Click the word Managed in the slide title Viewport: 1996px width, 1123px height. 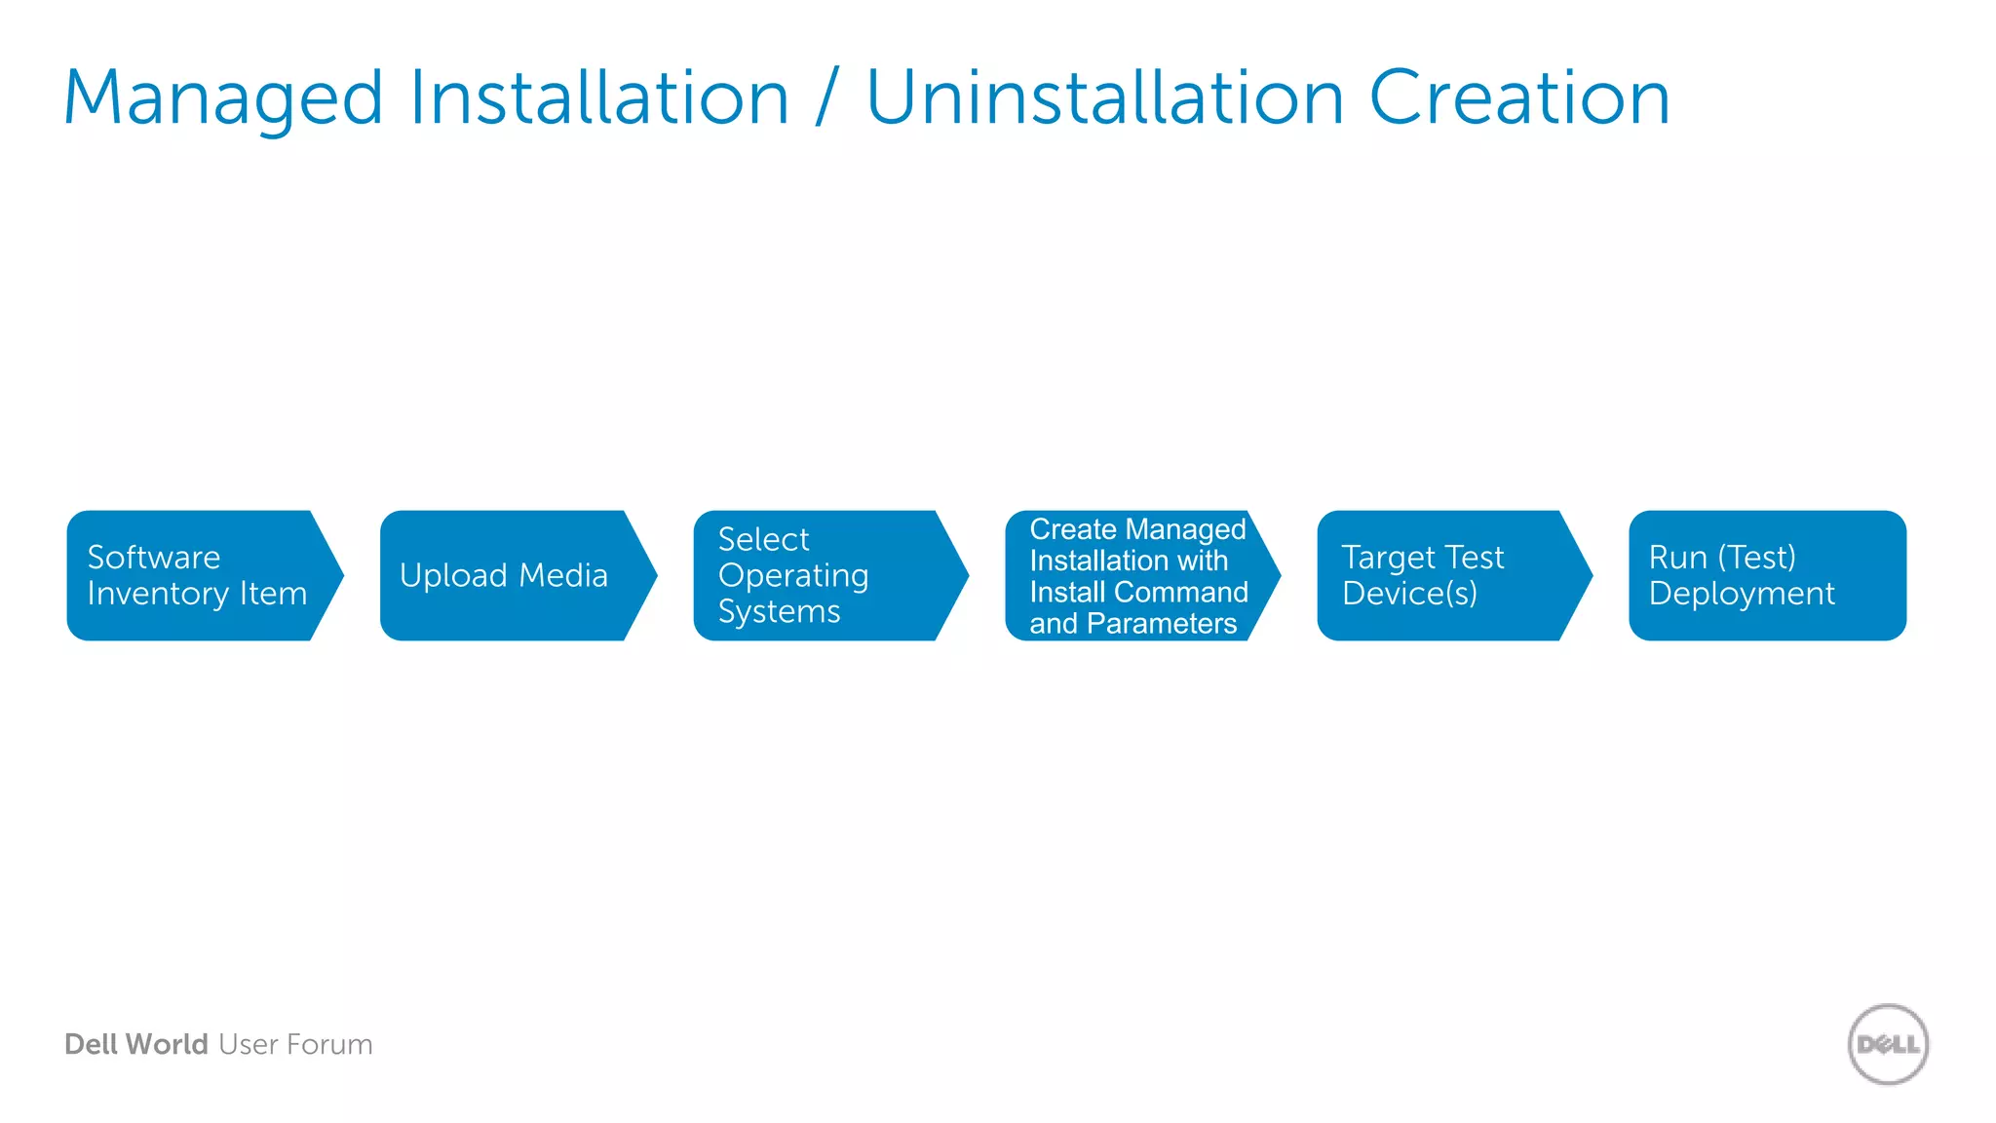point(223,98)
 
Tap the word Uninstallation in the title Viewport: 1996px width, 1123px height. point(1105,98)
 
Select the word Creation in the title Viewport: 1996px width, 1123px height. point(1519,98)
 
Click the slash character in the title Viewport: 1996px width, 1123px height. point(827,98)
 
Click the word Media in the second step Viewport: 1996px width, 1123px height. point(563,575)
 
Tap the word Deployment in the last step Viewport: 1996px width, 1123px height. point(1742,594)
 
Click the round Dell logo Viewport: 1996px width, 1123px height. point(1888,1044)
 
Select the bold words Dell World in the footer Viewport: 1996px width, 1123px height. point(135,1044)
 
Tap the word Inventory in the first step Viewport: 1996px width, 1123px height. point(158,594)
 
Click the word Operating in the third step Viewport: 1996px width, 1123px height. point(792,575)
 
